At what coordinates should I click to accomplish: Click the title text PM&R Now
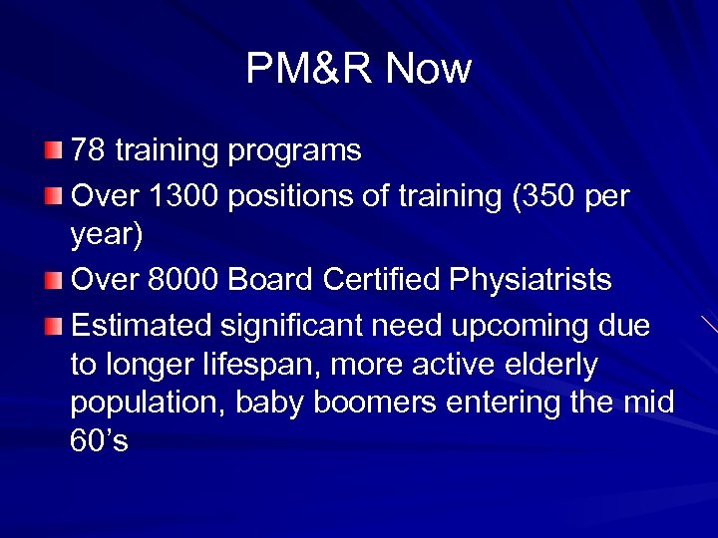pos(358,69)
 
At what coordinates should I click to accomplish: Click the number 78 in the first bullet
pos(88,151)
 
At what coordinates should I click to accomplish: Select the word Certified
pos(384,281)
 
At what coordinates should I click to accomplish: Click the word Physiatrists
pos(531,282)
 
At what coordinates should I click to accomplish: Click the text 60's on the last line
pos(99,442)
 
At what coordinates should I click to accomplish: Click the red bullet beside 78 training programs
pos(53,151)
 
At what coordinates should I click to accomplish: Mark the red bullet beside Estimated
pos(53,325)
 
